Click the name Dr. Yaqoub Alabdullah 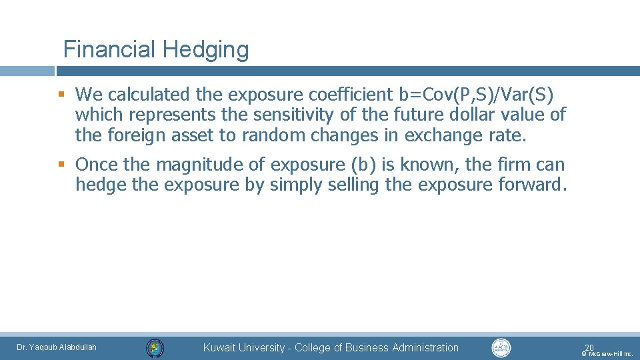click(57, 347)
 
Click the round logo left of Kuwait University click(155, 347)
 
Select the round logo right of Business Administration click(501, 347)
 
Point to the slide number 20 click(589, 347)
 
